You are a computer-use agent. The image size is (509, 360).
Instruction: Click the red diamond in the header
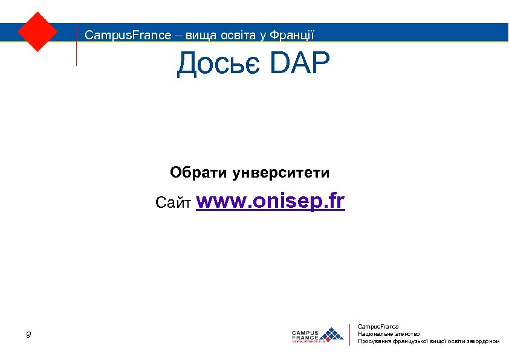pyautogui.click(x=37, y=31)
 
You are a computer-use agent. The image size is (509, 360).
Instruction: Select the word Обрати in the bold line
pyautogui.click(x=198, y=173)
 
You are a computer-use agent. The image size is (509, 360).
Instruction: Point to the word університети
pyautogui.click(x=281, y=174)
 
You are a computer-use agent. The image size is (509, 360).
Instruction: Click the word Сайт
pyautogui.click(x=173, y=202)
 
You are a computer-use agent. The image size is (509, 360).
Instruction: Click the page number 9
pyautogui.click(x=29, y=335)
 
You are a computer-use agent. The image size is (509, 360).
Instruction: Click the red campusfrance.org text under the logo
pyautogui.click(x=308, y=341)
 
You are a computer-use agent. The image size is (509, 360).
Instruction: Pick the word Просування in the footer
pyautogui.click(x=375, y=341)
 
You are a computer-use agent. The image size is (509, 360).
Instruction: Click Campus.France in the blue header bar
pyautogui.click(x=128, y=35)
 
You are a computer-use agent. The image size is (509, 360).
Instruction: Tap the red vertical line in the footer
pyautogui.click(x=351, y=334)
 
